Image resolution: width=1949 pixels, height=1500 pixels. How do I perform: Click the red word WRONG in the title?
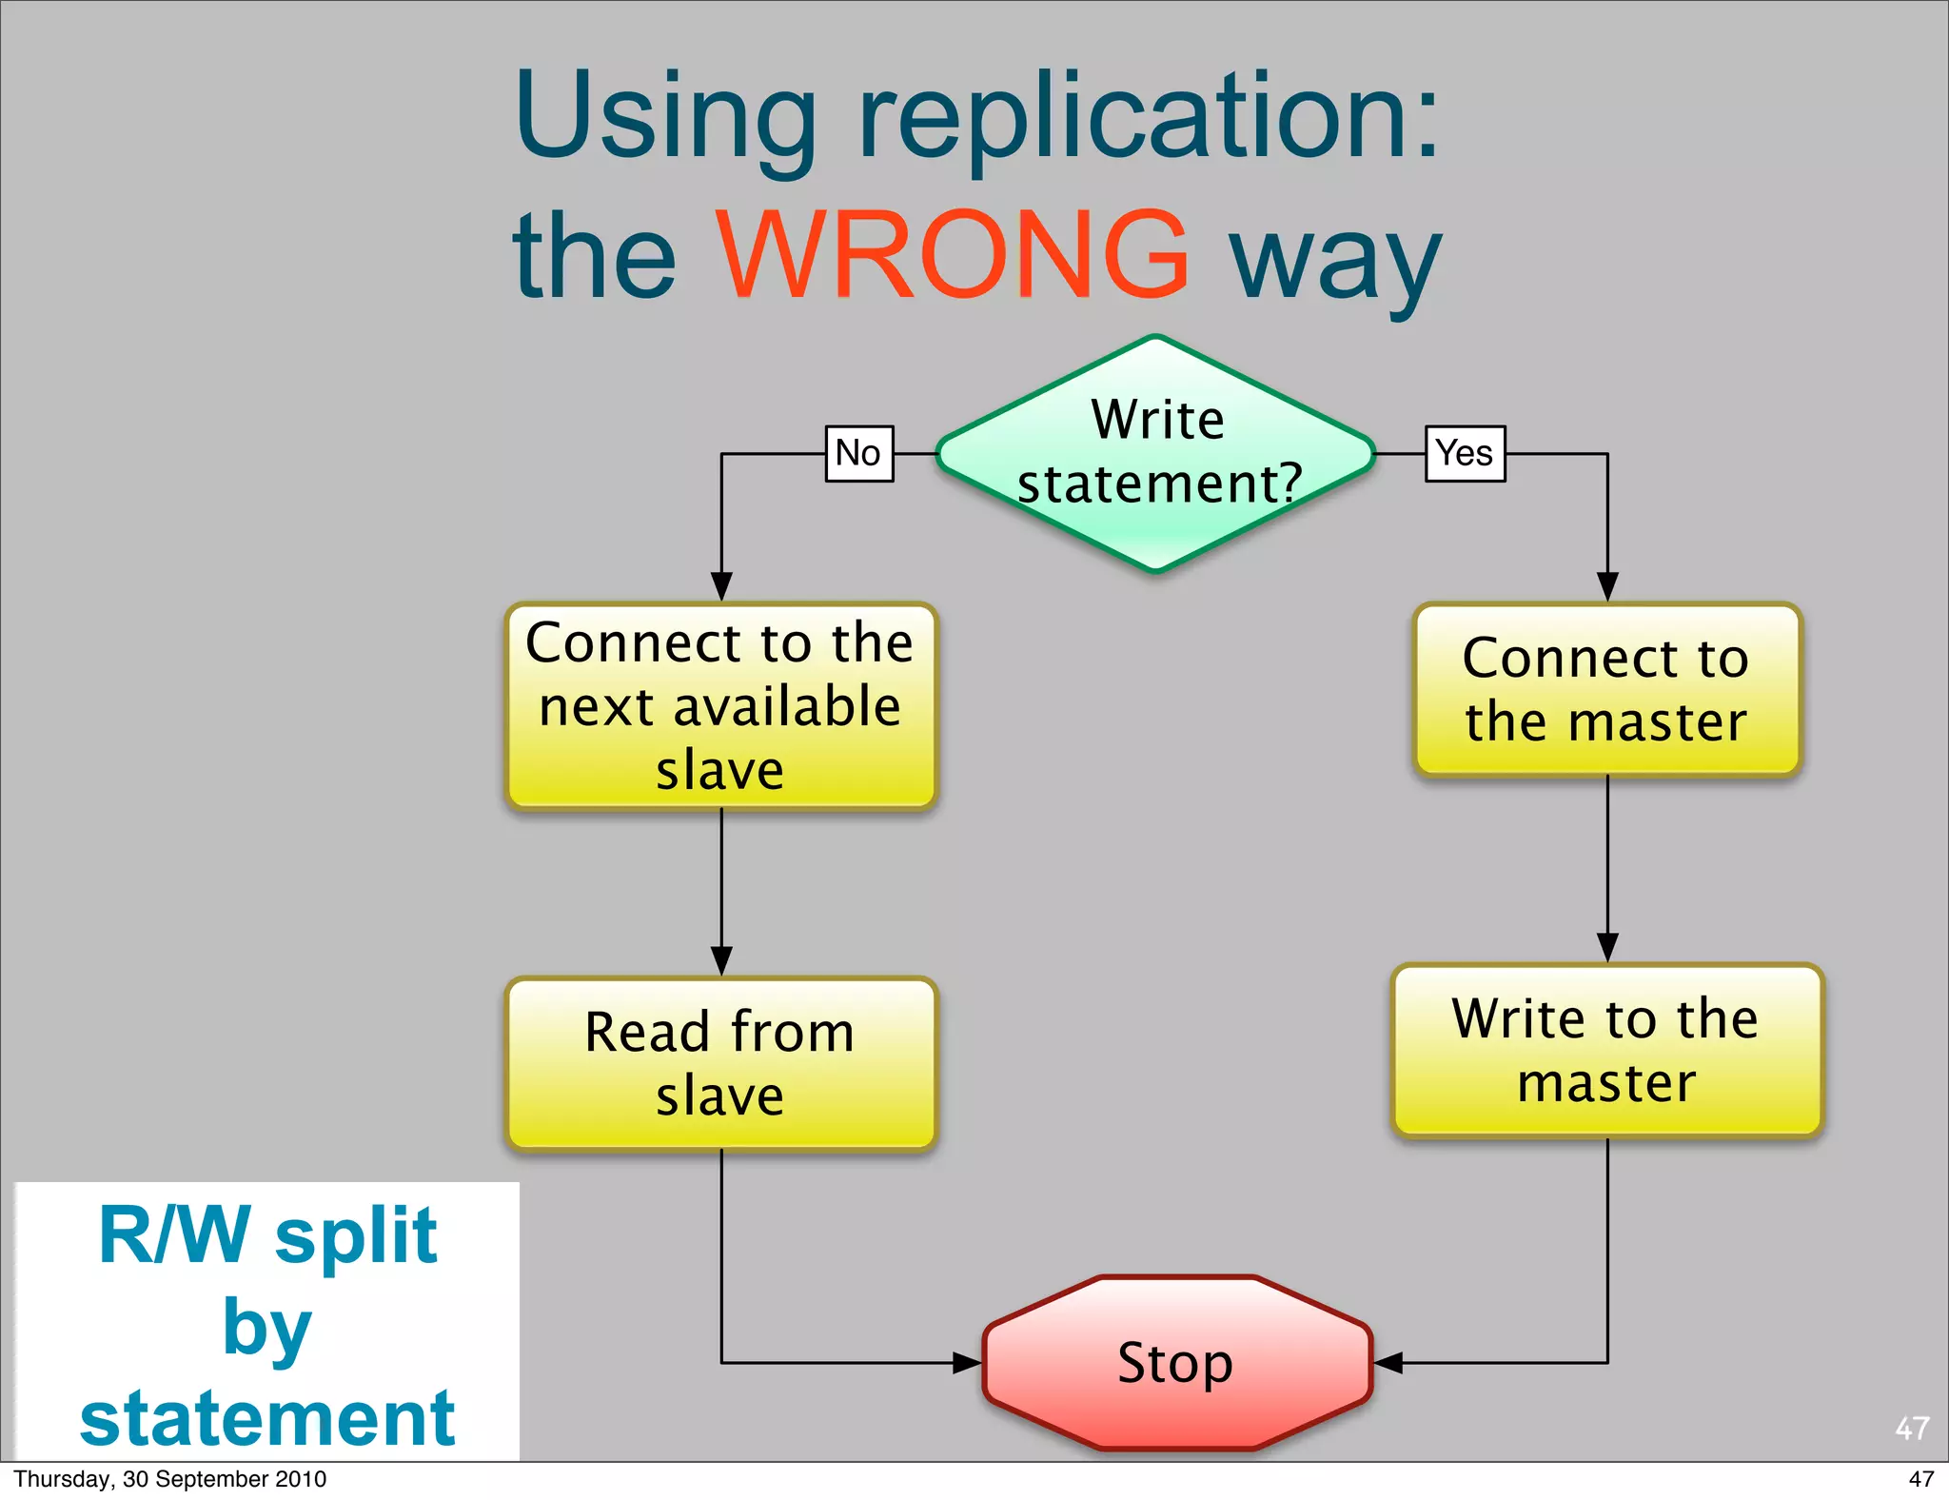click(x=952, y=254)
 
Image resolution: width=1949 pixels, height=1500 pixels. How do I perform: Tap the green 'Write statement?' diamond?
click(x=1155, y=453)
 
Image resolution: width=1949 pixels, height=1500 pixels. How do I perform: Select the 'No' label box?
click(x=858, y=453)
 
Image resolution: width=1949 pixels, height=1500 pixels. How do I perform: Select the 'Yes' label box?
click(x=1465, y=453)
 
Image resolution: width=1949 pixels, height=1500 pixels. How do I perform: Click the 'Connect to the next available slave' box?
click(x=720, y=705)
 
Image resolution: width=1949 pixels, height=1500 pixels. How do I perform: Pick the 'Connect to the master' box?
click(x=1606, y=689)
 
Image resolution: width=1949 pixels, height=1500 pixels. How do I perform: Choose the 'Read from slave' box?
click(x=720, y=1063)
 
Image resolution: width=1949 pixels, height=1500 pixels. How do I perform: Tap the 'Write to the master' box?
click(x=1606, y=1050)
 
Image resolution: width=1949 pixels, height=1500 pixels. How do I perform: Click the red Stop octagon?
click(x=1176, y=1362)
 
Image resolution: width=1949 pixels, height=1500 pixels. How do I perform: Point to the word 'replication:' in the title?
click(x=1150, y=119)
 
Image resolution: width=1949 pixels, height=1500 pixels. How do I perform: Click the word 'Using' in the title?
click(x=666, y=119)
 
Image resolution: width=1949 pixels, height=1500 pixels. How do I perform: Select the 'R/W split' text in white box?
click(x=267, y=1234)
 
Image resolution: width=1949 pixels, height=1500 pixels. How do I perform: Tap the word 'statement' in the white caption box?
click(x=267, y=1417)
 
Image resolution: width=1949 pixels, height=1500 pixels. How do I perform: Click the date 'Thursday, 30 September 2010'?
click(x=169, y=1479)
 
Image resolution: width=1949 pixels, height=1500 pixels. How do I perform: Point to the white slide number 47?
click(x=1912, y=1428)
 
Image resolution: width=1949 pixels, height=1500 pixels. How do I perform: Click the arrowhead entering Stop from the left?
click(x=968, y=1363)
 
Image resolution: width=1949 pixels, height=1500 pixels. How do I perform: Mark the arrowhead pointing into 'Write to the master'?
click(x=1607, y=947)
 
